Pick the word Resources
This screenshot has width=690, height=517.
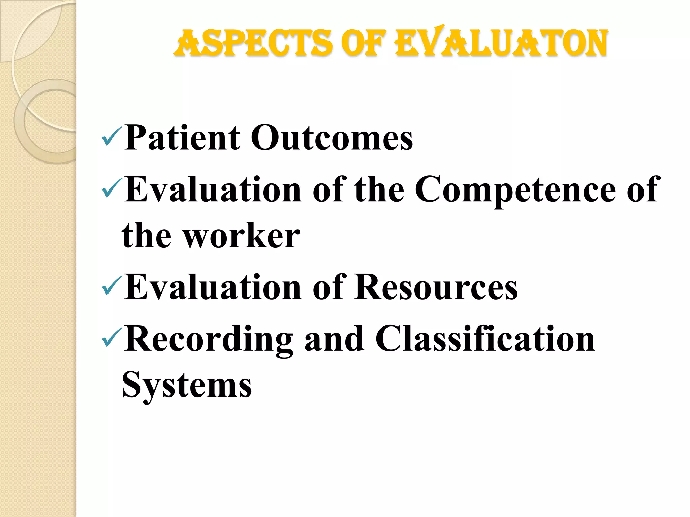point(436,287)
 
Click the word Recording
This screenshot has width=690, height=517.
point(209,340)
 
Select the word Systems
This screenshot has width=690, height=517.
point(187,386)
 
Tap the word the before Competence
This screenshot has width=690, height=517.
point(379,190)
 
